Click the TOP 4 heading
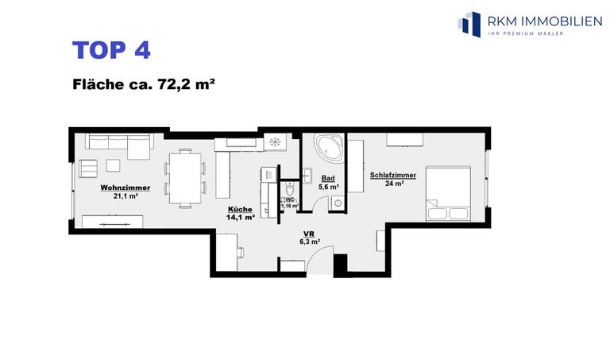[x=111, y=50]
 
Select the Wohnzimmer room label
[x=125, y=188]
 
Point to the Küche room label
[x=240, y=209]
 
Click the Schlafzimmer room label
[x=393, y=175]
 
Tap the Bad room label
[x=328, y=178]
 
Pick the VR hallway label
[x=309, y=234]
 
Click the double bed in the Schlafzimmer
[x=448, y=194]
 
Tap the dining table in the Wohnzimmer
[x=185, y=178]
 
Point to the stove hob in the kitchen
[x=275, y=141]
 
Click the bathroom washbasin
[x=307, y=176]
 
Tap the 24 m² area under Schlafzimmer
[x=394, y=184]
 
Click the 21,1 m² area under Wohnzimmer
[x=125, y=196]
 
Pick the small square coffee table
[x=114, y=166]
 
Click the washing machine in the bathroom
[x=338, y=203]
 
